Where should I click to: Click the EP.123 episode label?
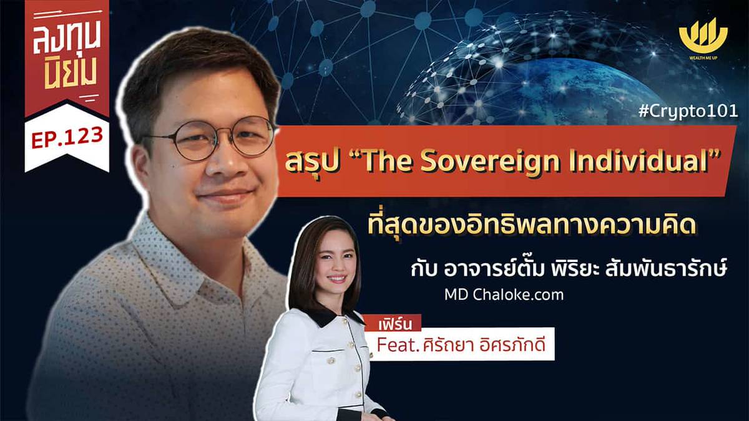point(67,137)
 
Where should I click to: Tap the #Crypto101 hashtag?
point(692,112)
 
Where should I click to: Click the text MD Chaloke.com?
point(504,294)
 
